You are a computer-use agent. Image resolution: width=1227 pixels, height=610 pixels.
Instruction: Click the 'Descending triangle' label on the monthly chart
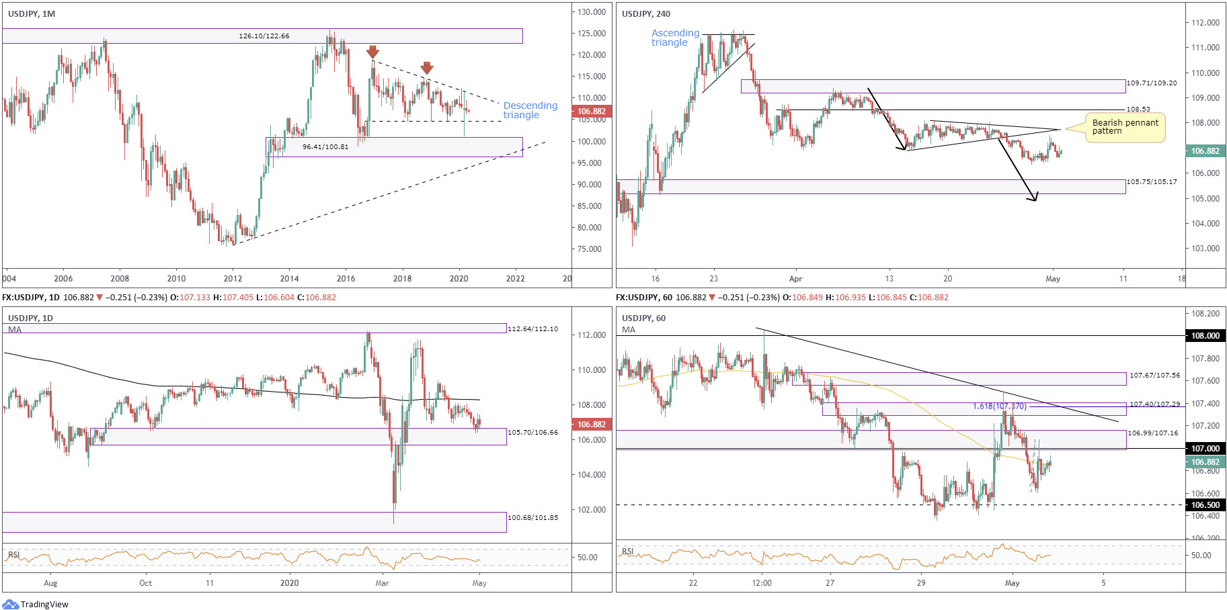(530, 110)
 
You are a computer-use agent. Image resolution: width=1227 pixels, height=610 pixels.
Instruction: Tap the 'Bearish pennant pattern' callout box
(1125, 127)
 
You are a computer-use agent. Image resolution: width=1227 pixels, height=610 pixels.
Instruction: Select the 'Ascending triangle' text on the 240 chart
(675, 38)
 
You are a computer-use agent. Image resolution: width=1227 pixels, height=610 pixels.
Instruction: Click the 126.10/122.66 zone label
(264, 36)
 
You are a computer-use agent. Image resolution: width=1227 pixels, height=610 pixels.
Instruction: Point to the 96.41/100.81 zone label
(325, 146)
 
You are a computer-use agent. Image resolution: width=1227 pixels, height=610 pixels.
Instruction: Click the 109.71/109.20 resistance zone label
(1152, 83)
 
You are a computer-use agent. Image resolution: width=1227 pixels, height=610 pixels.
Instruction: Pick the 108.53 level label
(1138, 109)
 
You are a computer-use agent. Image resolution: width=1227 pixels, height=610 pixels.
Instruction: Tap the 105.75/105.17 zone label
(1152, 182)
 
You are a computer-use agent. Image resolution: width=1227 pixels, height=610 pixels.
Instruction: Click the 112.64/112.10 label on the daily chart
(532, 329)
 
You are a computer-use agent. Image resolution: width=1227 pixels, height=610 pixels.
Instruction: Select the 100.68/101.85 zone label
(532, 518)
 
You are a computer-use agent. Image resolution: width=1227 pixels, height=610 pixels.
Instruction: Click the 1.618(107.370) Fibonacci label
(999, 406)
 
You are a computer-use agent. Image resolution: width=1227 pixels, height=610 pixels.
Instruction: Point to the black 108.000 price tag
(1205, 336)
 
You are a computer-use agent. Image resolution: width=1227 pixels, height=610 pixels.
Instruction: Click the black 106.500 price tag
(1205, 505)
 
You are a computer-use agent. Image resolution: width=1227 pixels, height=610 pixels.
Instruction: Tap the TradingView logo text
(44, 605)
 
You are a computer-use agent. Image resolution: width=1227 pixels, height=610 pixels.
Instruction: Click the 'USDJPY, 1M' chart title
(32, 14)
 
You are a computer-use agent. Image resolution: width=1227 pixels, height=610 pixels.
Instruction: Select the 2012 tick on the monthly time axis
(233, 279)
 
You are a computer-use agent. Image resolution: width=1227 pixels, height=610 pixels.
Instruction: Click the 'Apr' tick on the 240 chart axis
(795, 279)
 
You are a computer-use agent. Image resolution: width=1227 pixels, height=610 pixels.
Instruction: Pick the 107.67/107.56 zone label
(1154, 376)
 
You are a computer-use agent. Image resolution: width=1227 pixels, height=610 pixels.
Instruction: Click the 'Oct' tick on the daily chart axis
(145, 583)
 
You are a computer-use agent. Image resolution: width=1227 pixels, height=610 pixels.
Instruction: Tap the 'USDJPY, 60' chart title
(643, 318)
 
